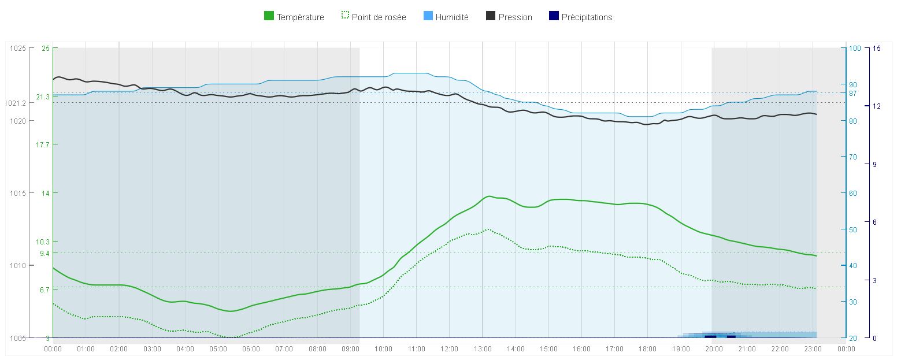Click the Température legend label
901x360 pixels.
click(300, 17)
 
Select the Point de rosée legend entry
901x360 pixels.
click(379, 17)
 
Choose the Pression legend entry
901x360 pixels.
click(515, 17)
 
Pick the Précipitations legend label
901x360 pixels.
click(587, 17)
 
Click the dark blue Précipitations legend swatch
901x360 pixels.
click(554, 17)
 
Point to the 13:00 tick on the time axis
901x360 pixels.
click(483, 349)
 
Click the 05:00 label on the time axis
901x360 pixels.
click(218, 349)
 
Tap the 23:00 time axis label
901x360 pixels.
click(813, 349)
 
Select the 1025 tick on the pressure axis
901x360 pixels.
click(18, 48)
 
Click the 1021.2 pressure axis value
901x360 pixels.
click(16, 103)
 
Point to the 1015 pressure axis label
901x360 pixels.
click(18, 193)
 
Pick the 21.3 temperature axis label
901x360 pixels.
click(43, 97)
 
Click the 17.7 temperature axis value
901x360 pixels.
click(43, 144)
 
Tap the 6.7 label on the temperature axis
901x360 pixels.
click(45, 289)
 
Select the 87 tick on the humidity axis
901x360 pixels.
click(852, 93)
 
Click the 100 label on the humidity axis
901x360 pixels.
click(854, 48)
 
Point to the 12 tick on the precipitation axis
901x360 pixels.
click(877, 106)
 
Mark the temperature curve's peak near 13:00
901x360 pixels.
click(489, 196)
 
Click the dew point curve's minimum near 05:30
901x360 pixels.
click(231, 337)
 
